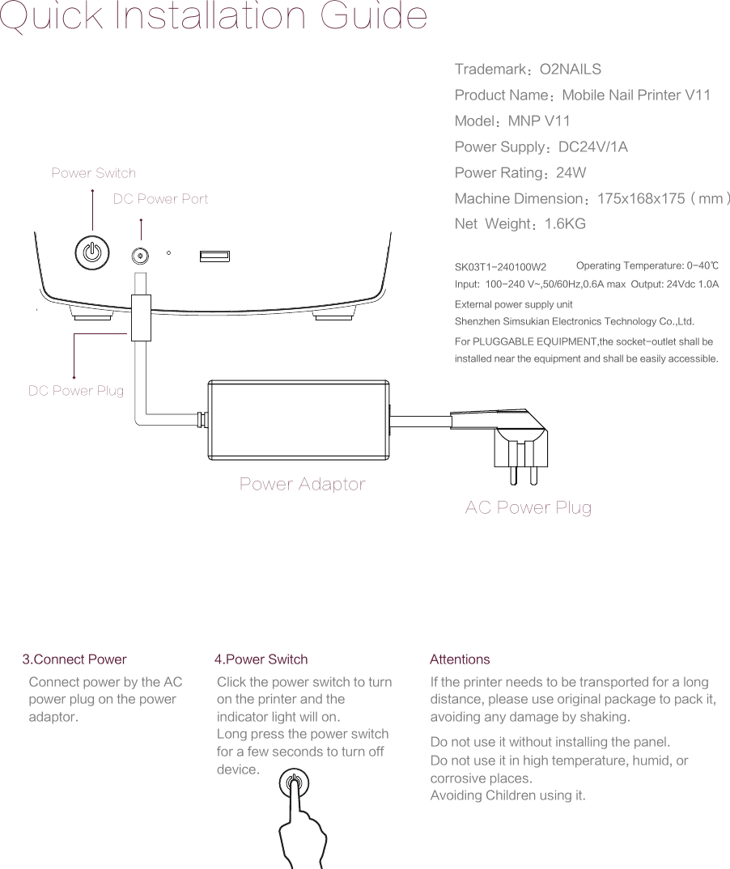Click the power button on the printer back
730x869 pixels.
click(93, 252)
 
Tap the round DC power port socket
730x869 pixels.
click(141, 256)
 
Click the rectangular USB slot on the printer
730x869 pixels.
click(215, 256)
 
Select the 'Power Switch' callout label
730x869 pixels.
click(94, 173)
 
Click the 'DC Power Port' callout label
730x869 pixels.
click(160, 199)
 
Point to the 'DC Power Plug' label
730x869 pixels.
click(76, 391)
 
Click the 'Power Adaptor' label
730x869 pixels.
click(302, 485)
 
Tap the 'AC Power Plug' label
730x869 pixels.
click(528, 508)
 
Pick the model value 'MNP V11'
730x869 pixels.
click(539, 121)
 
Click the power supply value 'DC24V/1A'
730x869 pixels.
click(593, 147)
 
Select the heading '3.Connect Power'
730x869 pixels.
click(74, 659)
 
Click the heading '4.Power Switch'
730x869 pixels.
click(261, 659)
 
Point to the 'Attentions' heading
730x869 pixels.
click(460, 659)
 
